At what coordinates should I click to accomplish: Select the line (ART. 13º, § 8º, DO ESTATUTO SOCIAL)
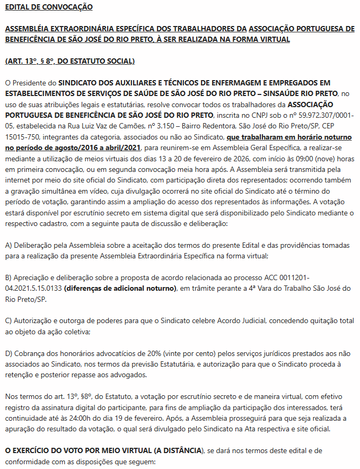click(x=69, y=62)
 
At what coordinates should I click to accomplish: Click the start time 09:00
click(x=301, y=158)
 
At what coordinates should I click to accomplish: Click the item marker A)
click(x=8, y=245)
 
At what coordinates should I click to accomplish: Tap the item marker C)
click(x=8, y=321)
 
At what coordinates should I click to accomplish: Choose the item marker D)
click(x=8, y=353)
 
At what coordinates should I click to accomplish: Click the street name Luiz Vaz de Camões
click(x=101, y=126)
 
